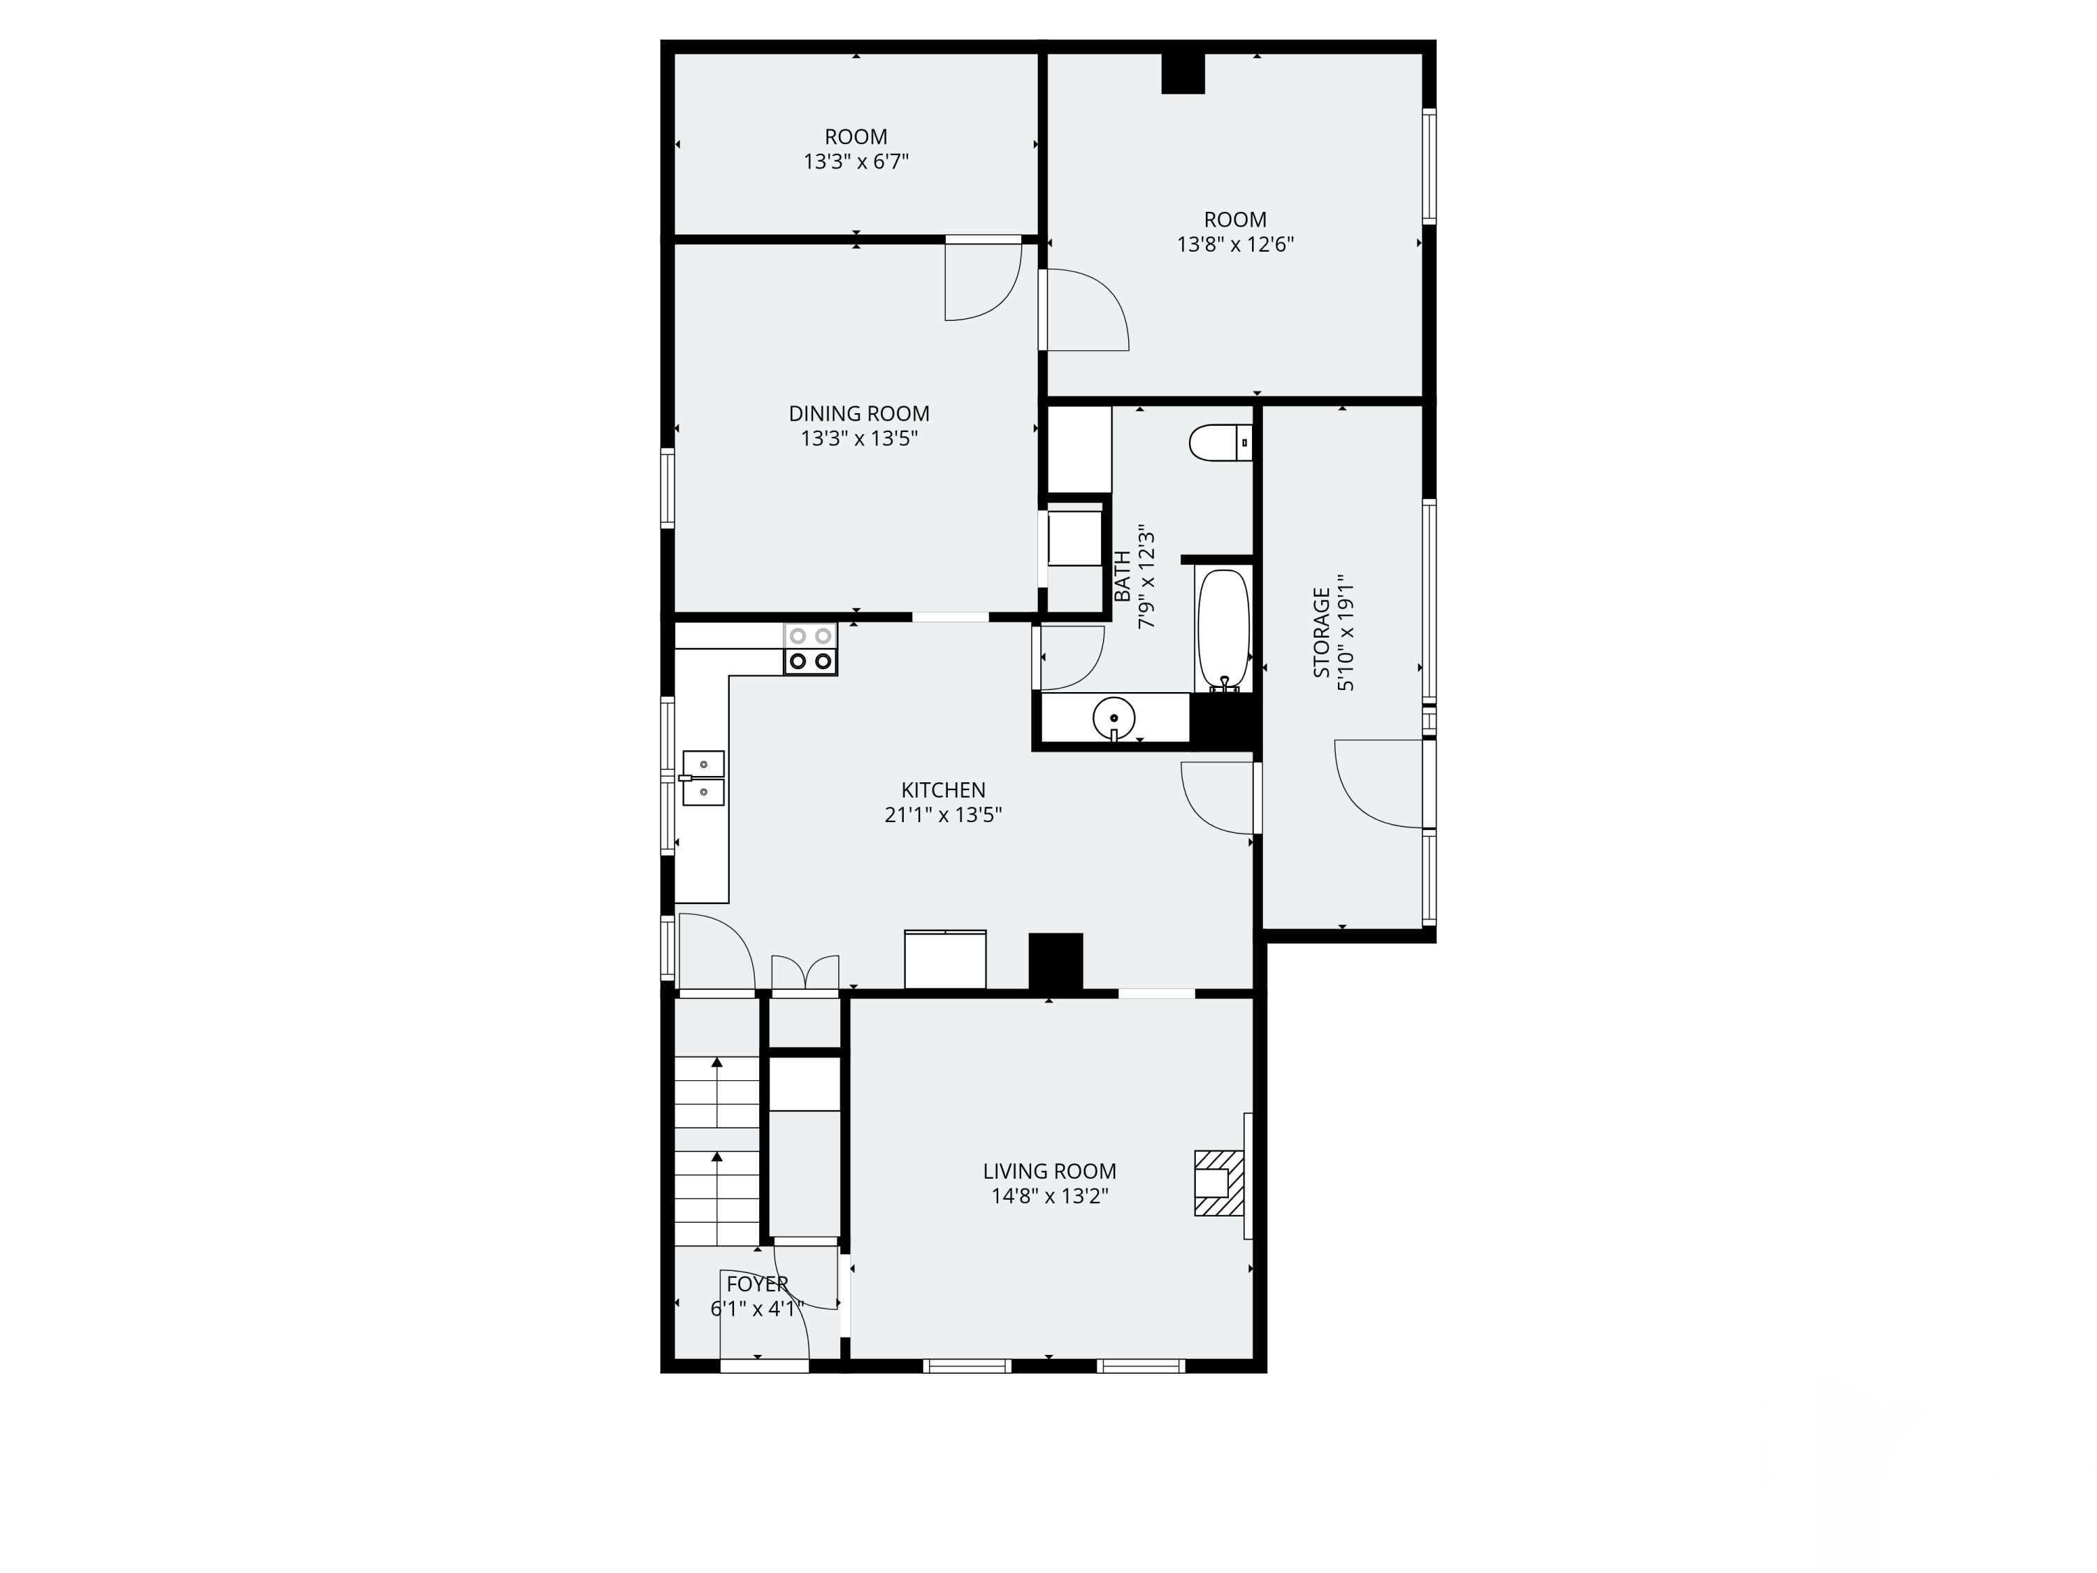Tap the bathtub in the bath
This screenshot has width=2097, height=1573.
point(1224,631)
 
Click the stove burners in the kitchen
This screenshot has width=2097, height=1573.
point(811,649)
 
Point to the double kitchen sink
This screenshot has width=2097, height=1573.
point(702,778)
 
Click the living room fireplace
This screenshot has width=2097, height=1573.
point(1219,1182)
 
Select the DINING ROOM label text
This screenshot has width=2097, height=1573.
point(859,413)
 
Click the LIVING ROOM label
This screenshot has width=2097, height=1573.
point(1049,1171)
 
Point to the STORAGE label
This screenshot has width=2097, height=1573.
point(1320,633)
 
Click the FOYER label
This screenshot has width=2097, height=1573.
point(758,1284)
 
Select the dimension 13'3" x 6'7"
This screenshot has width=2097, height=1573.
point(856,161)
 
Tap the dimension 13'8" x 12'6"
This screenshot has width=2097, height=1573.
point(1235,245)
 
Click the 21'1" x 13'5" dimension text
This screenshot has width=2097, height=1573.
point(943,814)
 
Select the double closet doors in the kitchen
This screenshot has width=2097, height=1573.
point(805,975)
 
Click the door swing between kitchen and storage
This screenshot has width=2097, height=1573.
point(1217,798)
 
